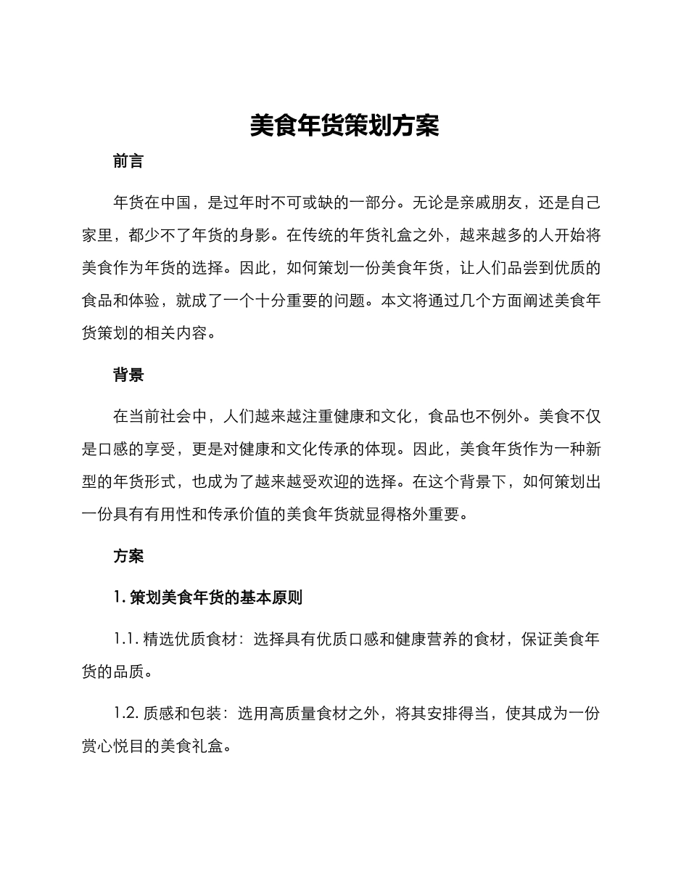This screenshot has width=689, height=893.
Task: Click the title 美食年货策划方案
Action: (x=344, y=126)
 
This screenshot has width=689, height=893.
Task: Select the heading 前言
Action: (x=128, y=161)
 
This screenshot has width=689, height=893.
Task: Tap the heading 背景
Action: (x=128, y=375)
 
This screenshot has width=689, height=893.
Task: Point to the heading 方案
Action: (x=128, y=556)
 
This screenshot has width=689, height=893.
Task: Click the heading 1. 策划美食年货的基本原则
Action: (x=208, y=598)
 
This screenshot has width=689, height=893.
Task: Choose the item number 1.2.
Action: (x=126, y=714)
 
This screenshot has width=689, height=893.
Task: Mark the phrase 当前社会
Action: (x=160, y=417)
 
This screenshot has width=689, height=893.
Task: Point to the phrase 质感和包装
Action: (x=177, y=714)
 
